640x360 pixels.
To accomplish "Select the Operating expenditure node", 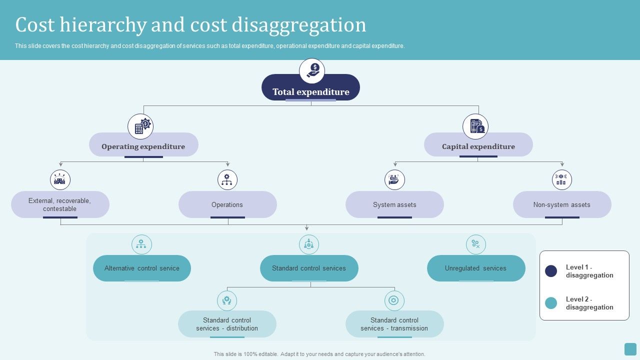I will tap(143, 145).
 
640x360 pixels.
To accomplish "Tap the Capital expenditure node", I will tap(478, 145).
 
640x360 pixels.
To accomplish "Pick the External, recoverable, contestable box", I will tap(60, 204).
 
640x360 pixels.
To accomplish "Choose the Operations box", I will tap(227, 204).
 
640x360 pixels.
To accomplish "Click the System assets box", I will tap(394, 204).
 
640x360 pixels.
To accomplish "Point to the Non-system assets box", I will tap(562, 204).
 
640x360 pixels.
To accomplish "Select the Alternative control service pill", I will tap(142, 268).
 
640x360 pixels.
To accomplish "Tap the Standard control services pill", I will tap(309, 268).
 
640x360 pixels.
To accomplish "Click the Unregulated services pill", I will tap(476, 268).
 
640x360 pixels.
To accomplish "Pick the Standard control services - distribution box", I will tap(227, 324).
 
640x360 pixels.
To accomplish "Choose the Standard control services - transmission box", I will tap(394, 324).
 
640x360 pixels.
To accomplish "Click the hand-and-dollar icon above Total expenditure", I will tap(312, 70).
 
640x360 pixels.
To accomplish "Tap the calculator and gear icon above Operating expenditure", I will tap(140, 126).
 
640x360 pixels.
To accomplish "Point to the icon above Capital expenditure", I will tap(475, 126).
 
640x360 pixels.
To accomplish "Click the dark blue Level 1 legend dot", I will tap(551, 271).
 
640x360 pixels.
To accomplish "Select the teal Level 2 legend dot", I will tap(551, 303).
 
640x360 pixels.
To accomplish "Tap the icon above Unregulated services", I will tap(475, 244).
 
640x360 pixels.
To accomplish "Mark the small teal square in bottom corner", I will tap(630, 349).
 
